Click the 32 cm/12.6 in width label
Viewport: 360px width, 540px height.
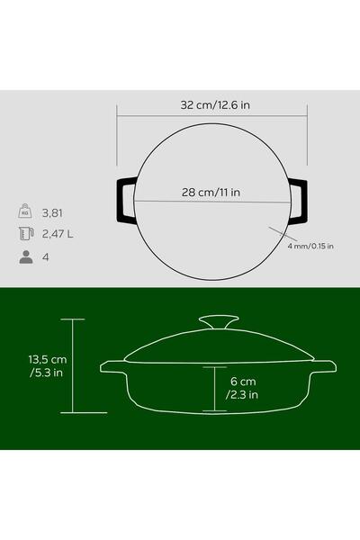[x=215, y=105]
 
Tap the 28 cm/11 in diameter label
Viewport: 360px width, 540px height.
[x=211, y=193]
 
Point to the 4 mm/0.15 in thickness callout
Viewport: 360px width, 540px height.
[x=310, y=247]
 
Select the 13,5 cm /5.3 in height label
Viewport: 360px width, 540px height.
[x=48, y=366]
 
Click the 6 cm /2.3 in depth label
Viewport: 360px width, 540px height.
[x=242, y=388]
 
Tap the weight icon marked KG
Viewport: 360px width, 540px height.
[x=25, y=211]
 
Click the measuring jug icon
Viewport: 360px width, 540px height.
[x=26, y=233]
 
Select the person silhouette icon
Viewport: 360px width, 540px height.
[x=26, y=256]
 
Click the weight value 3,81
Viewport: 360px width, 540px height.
[x=52, y=213]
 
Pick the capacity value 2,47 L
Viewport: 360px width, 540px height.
[x=58, y=234]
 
